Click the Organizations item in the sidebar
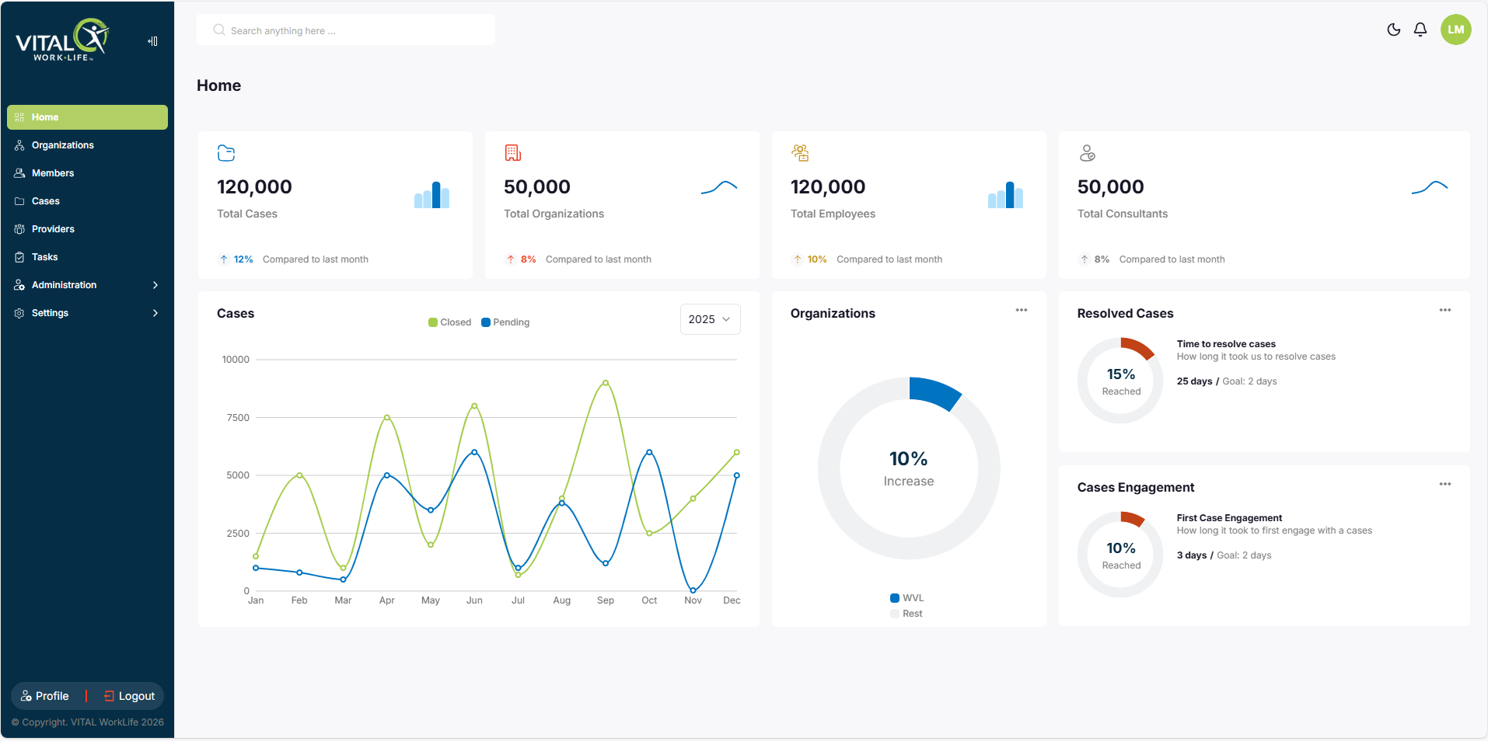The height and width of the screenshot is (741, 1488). point(62,145)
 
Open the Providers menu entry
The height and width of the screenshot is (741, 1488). point(53,229)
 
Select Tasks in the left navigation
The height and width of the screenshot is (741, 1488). point(44,257)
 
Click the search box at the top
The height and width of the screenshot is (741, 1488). point(346,30)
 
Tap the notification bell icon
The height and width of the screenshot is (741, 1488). point(1420,30)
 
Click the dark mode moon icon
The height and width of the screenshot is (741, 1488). point(1394,30)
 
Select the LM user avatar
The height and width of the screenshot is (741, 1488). point(1456,30)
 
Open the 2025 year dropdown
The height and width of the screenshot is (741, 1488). point(710,319)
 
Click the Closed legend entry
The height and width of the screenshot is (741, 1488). point(449,322)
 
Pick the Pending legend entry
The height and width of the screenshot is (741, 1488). point(505,322)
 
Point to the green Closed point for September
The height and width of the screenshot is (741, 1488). point(606,383)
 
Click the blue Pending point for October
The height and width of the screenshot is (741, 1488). point(649,452)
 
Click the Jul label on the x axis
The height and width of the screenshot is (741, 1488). point(518,600)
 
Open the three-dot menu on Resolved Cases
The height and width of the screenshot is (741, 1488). point(1445,310)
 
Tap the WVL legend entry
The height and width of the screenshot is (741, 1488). point(907,598)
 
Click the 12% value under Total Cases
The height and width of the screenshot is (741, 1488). point(243,259)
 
